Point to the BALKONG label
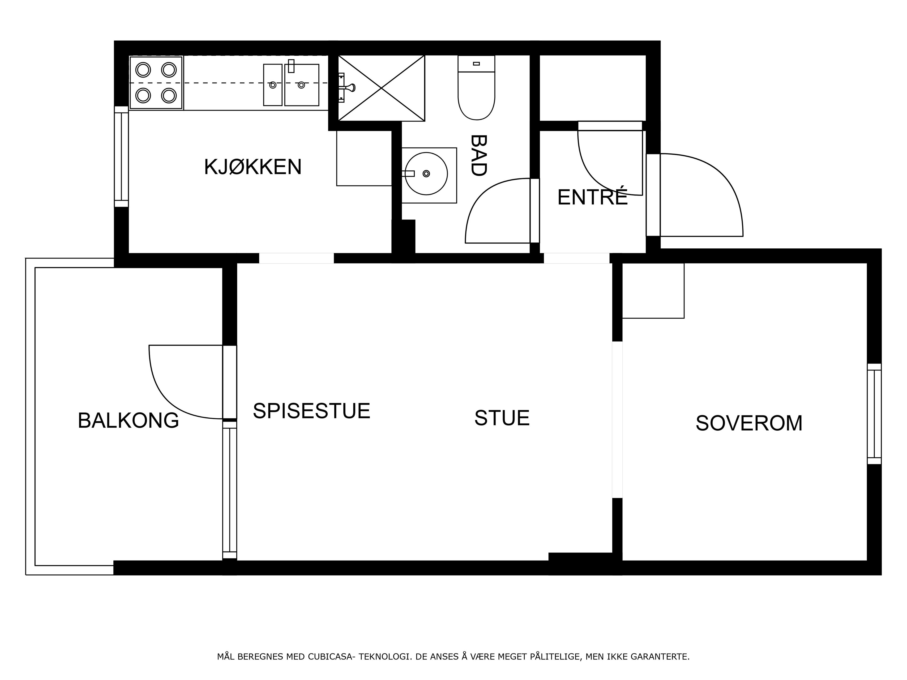click(x=128, y=421)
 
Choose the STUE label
click(x=502, y=418)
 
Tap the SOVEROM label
click(x=749, y=423)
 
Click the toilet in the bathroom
click(x=476, y=88)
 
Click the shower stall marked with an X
click(x=381, y=88)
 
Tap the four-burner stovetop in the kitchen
click(x=156, y=83)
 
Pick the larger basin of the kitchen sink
click(x=302, y=85)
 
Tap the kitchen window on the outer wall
click(x=121, y=157)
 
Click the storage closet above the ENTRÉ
click(x=592, y=88)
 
